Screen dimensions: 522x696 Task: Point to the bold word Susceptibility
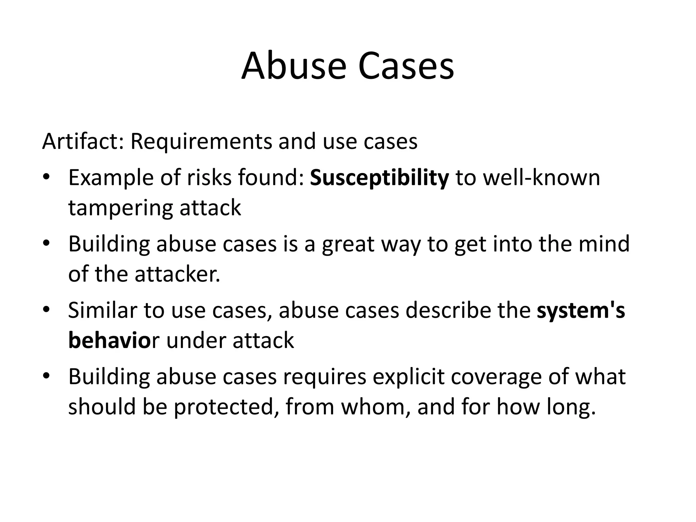point(379,178)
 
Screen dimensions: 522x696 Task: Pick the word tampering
point(121,208)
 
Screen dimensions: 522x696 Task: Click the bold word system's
point(581,311)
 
